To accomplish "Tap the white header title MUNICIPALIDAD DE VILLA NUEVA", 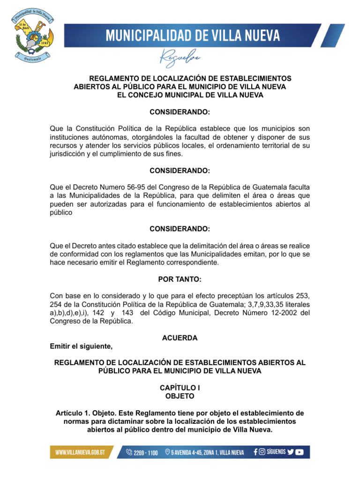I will [x=193, y=36].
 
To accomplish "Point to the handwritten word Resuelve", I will [x=180, y=58].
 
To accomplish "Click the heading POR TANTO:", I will [x=180, y=280].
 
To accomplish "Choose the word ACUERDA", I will [x=180, y=338].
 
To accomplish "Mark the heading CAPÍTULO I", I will [x=180, y=388].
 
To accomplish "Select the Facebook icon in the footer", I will [x=255, y=452].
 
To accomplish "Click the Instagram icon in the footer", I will [x=262, y=452].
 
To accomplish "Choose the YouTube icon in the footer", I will [x=300, y=452].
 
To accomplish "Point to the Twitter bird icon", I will [x=291, y=452].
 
